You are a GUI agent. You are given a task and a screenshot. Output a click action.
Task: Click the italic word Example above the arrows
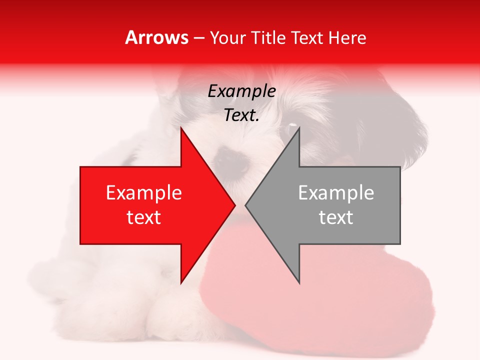point(241,91)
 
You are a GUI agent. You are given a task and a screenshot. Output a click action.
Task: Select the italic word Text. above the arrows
point(241,115)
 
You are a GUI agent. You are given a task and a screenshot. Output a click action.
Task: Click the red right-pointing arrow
point(150,205)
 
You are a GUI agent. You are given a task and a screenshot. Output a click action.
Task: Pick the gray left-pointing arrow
point(340,205)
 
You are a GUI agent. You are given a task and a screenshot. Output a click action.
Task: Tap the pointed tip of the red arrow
point(233,205)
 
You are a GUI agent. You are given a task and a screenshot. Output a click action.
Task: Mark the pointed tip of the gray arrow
point(247,205)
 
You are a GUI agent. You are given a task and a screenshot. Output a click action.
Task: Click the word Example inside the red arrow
point(144,193)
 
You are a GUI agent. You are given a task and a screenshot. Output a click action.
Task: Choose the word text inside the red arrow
point(144,217)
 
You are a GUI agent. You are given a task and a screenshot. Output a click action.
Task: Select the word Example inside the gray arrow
point(336,193)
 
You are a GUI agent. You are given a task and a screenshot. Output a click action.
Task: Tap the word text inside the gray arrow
point(336,217)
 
